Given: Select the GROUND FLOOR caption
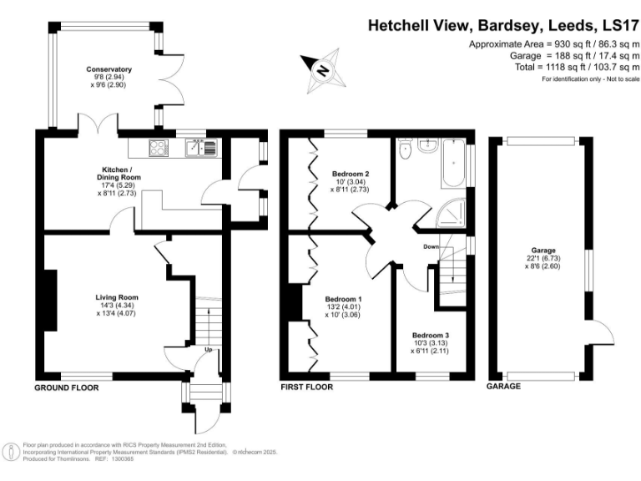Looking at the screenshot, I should (70, 388).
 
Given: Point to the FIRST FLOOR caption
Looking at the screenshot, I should (307, 387).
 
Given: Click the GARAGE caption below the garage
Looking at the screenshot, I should (504, 387).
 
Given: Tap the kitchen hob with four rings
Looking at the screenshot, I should (158, 149).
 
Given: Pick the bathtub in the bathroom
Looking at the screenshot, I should (454, 164).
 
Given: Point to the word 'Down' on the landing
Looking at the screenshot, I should (431, 246).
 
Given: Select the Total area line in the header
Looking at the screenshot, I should (578, 66).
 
